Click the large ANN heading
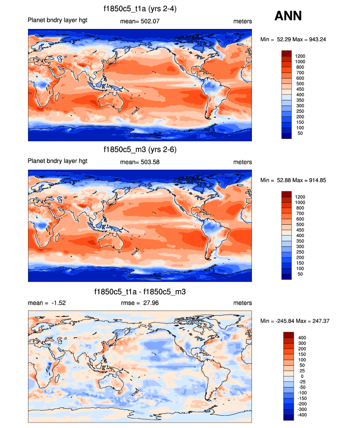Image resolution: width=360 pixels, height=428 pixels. coord(288,16)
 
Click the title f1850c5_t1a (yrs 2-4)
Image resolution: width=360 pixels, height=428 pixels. coord(140,8)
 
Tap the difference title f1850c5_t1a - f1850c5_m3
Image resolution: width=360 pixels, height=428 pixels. coord(140,292)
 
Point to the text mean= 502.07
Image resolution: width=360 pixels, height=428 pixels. coord(140,22)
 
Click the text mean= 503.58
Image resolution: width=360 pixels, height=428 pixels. coord(140,162)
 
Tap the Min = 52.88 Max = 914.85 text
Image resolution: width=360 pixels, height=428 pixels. coord(293,180)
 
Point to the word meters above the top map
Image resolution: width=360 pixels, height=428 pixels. coord(243,22)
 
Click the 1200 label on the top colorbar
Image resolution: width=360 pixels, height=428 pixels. coord(300,56)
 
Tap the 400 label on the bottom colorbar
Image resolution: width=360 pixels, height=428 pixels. coord(301,338)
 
